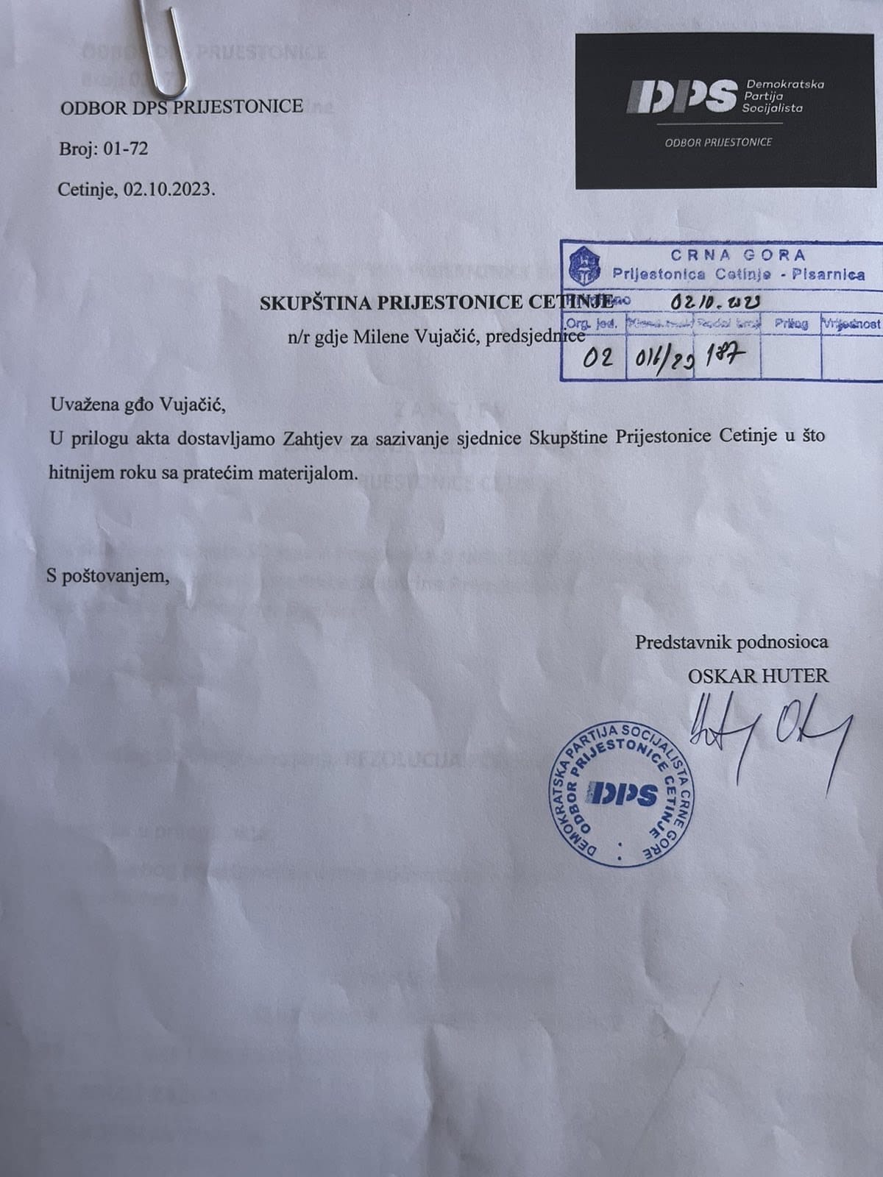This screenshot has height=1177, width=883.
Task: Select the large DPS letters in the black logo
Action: pos(681,96)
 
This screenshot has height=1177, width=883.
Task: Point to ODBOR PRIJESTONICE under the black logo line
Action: pos(718,142)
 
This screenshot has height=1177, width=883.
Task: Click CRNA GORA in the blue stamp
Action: pos(737,256)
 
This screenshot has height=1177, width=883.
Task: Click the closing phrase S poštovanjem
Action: pos(107,575)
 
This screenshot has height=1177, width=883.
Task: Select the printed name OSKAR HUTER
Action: pos(757,675)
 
